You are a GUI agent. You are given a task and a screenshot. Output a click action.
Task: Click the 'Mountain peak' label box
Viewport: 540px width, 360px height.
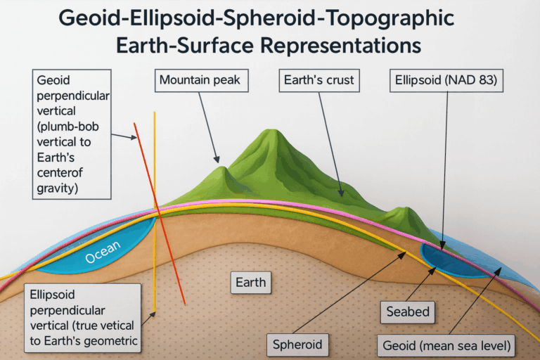coord(200,80)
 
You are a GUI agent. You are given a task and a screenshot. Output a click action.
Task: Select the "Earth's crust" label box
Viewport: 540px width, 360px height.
coord(319,80)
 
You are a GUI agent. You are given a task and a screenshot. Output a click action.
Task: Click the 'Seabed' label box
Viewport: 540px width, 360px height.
coord(408,311)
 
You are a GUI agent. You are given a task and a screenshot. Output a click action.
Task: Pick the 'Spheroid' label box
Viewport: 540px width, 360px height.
coord(298,345)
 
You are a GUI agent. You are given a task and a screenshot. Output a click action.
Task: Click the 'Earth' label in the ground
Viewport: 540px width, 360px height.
coord(251,283)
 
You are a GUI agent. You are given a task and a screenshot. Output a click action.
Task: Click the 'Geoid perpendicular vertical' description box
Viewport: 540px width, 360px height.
coord(72,134)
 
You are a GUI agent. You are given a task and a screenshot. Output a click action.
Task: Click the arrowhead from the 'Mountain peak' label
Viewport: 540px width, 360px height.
coord(218,161)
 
